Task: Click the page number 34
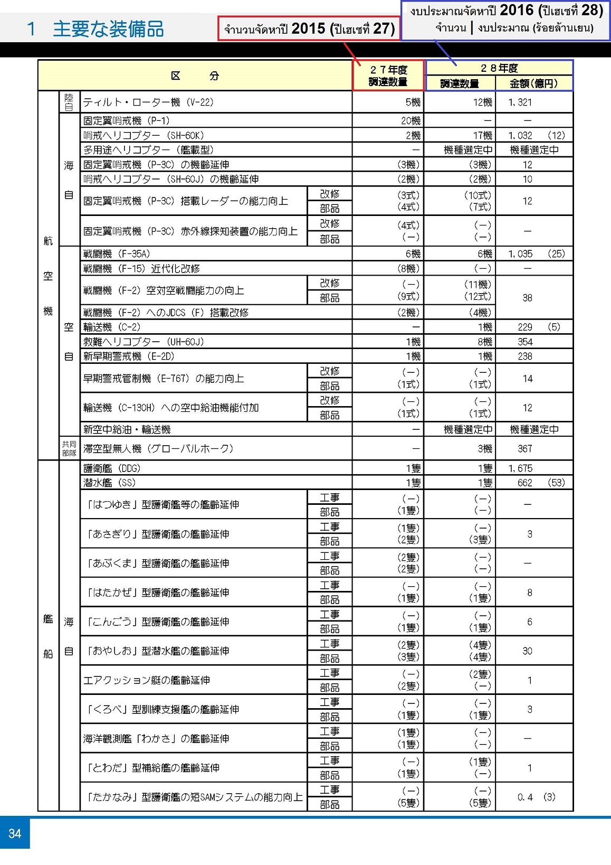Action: pos(15,833)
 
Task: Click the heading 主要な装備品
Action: pos(108,29)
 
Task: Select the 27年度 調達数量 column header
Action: pos(388,76)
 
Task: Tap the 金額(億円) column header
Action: pos(533,83)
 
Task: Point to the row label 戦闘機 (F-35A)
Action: pos(117,254)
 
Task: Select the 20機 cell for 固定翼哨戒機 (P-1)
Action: pos(410,121)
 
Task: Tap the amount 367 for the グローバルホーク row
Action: pos(525,449)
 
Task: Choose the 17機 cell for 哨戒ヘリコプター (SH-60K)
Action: pos(482,136)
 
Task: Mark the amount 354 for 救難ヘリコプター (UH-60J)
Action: pos(525,342)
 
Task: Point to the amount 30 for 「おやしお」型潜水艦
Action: pos(527,651)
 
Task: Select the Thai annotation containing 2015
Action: pos(309,29)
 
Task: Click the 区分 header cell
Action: pos(195,76)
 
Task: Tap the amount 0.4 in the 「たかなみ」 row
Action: pos(525,797)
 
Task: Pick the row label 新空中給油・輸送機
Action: pos(127,429)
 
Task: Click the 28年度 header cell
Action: pos(499,68)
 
